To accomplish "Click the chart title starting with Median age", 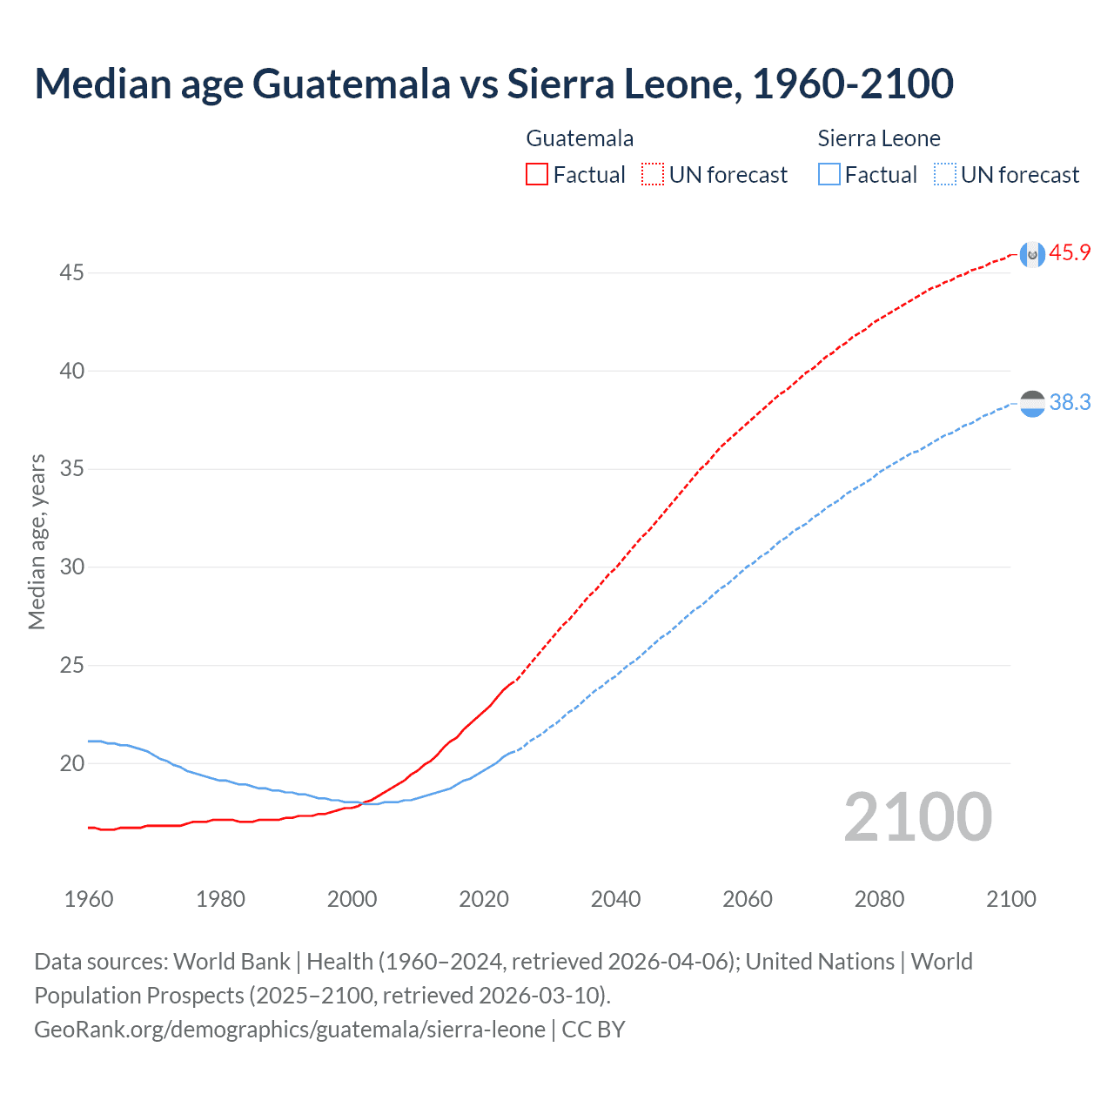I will pos(493,84).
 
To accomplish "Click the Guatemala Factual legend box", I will pos(537,175).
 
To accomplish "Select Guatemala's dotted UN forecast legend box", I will pos(653,175).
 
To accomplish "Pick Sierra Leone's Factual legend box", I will pos(829,175).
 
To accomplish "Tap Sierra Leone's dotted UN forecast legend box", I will pos(945,175).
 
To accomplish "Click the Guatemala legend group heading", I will pos(580,138).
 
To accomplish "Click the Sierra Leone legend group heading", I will pos(879,138).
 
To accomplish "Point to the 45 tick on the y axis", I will pos(71,273).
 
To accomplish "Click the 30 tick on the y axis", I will pos(71,567).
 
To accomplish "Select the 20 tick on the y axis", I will pos(71,764).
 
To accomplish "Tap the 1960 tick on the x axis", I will pos(89,899).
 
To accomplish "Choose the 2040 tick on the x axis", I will pos(615,899).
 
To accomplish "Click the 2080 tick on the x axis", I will pos(879,899).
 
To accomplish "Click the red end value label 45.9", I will pos(1070,253).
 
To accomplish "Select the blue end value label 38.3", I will pos(1070,402).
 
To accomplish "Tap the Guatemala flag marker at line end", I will pos(1032,254).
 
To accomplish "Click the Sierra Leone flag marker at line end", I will pos(1032,404).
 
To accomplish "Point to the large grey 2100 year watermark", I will pos(917,817).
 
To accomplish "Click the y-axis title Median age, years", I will pos(37,541).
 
